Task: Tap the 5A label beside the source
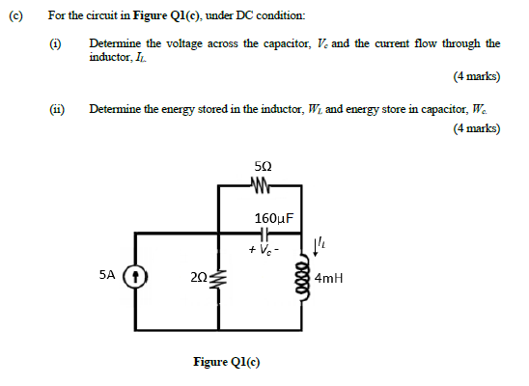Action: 108,275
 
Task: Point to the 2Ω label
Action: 200,277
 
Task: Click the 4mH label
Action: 331,281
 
